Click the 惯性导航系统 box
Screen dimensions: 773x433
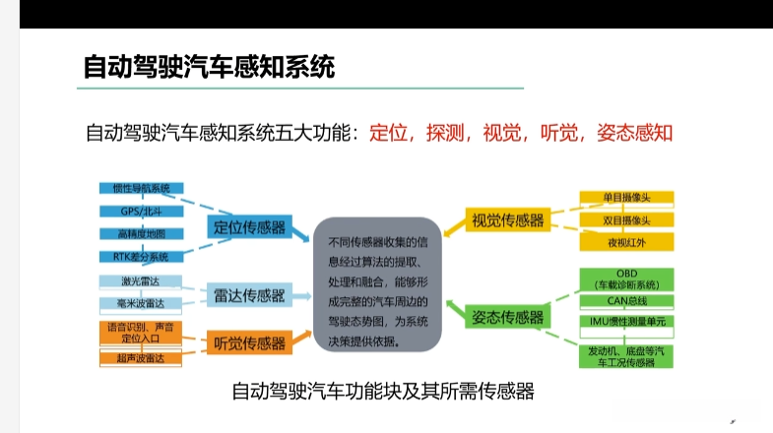[x=141, y=188]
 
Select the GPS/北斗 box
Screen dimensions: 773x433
[x=141, y=211]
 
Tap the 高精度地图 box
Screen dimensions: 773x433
[x=141, y=234]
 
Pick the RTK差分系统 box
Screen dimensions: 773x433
[x=141, y=257]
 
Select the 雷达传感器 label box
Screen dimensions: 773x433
[x=249, y=294]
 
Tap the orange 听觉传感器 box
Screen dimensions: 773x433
[x=249, y=343]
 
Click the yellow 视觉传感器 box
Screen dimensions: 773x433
[x=508, y=220]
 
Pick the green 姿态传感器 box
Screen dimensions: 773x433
[x=508, y=317]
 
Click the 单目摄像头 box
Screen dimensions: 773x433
[x=627, y=197]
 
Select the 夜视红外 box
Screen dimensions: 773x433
[x=627, y=242]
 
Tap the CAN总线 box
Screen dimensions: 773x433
[x=627, y=300]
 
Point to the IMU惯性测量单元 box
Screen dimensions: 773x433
[x=627, y=322]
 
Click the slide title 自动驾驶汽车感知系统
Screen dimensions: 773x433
[x=210, y=68]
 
